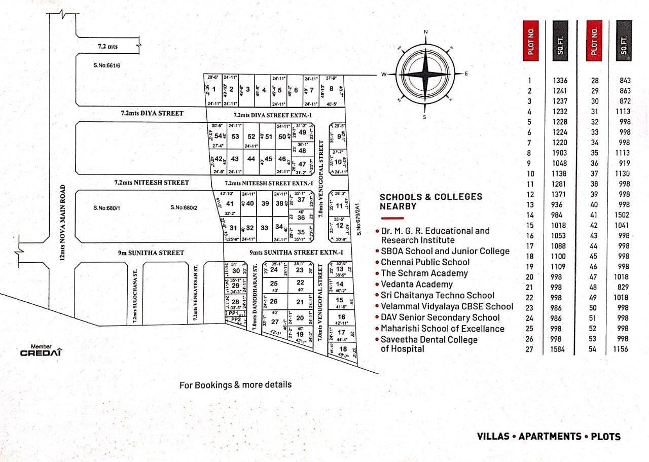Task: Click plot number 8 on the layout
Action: click(331, 89)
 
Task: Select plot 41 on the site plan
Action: click(230, 203)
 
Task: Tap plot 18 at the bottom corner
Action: click(343, 349)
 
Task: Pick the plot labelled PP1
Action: click(234, 313)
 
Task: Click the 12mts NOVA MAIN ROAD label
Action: click(62, 224)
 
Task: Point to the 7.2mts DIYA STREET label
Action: click(152, 113)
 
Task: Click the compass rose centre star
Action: click(425, 75)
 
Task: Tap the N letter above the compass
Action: click(425, 32)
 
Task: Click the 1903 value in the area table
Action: click(560, 153)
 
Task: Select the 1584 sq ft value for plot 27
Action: click(560, 349)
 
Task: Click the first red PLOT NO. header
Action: click(530, 41)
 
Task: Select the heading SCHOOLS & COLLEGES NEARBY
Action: click(431, 201)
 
